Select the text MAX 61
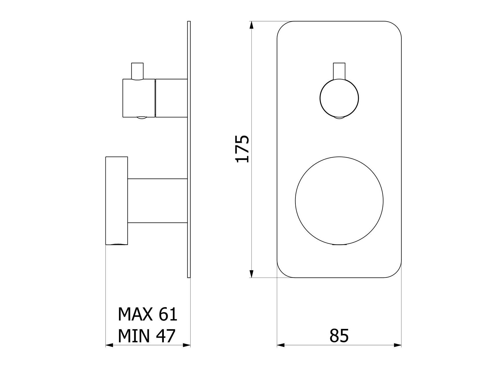click(x=148, y=314)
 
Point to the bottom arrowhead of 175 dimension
click(x=252, y=273)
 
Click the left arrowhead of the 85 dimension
click(x=281, y=345)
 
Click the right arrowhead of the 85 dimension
click(x=397, y=345)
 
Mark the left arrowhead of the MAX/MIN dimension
click(x=109, y=345)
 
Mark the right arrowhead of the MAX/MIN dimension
click(x=186, y=345)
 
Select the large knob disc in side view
click(x=116, y=200)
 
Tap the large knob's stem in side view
click(x=157, y=201)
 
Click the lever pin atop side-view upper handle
click(x=137, y=70)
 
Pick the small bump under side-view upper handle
click(x=142, y=118)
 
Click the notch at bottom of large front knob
click(x=339, y=245)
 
